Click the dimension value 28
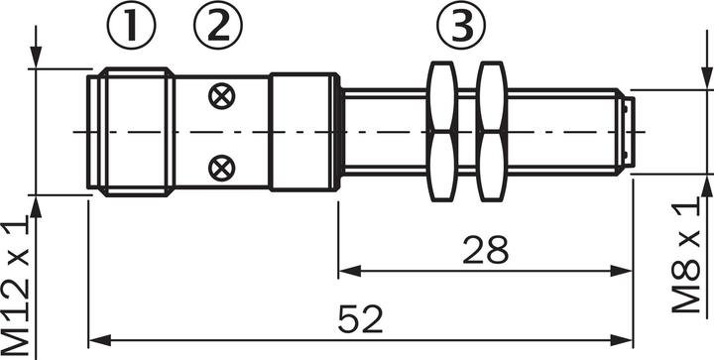coord(486,250)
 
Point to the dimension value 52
coord(361,319)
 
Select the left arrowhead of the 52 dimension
coord(96,340)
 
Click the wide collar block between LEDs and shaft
coord(303,132)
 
